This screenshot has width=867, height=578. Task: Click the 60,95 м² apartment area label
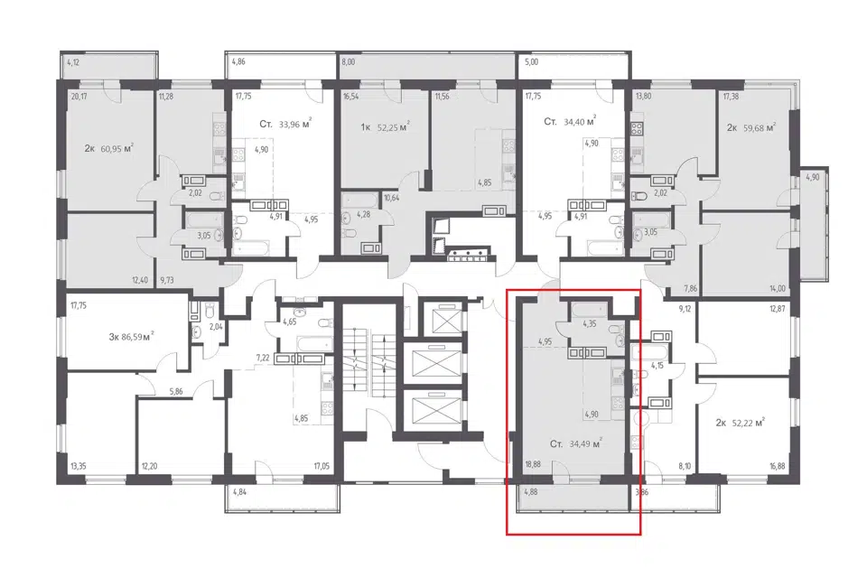point(117,148)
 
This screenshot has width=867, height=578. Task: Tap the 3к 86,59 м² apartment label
point(131,336)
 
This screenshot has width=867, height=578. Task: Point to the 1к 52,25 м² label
point(385,127)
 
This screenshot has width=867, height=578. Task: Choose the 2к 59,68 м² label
point(750,127)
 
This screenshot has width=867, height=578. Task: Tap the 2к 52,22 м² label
point(740,424)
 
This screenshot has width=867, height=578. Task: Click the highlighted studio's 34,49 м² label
point(585,443)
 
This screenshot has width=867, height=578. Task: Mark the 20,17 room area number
point(79,97)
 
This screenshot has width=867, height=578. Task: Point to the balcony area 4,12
point(73,62)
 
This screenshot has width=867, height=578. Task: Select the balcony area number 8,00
point(349,62)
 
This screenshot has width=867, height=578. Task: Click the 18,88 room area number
point(533,465)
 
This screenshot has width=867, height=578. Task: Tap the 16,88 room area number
point(777,466)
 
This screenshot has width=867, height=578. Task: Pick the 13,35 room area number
point(79,466)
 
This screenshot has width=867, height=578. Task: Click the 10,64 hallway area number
point(391,198)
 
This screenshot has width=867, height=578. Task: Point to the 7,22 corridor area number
point(262,359)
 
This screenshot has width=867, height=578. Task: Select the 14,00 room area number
point(778,288)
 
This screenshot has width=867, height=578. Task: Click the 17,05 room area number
point(322,466)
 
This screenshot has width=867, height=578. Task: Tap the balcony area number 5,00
point(531,62)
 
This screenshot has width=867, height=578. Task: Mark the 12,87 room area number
point(777,309)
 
